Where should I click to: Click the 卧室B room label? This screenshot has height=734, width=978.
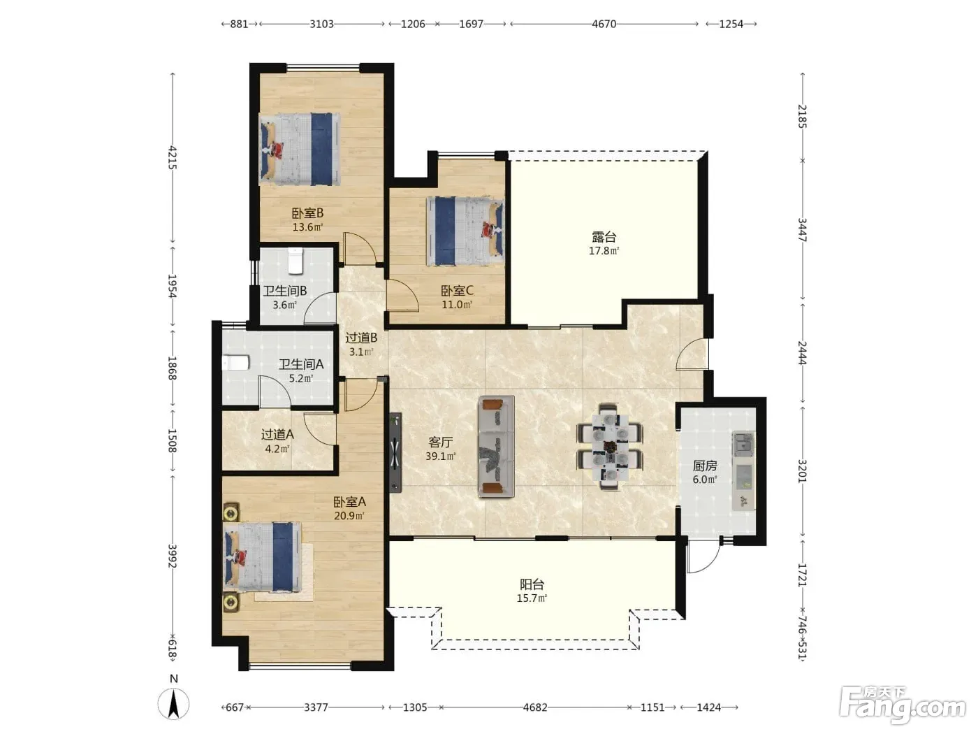coord(307,213)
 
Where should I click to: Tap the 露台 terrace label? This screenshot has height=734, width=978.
coord(604,237)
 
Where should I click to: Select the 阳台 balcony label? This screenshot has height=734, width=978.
coord(532,584)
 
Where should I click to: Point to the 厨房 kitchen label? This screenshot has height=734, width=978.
coord(705,466)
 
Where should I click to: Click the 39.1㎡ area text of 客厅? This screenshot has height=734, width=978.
coord(441,456)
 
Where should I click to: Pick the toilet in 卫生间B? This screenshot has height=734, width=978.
coord(295,261)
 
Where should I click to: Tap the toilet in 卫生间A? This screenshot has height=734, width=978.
coord(235,362)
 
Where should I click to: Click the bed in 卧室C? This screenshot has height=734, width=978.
coord(465,231)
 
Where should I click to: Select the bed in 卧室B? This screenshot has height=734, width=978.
coord(300,149)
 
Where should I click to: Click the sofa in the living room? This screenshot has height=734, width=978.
coord(497,447)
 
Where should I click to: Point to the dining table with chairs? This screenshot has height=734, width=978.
coord(610,447)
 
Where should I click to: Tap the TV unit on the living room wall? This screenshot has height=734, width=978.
coord(395,452)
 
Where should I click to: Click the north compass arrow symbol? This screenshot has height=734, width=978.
coord(173,704)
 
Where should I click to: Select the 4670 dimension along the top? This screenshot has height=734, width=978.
coord(604,24)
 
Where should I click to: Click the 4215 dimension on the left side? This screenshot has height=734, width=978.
coord(173,158)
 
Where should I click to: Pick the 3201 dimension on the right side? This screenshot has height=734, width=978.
coord(802,470)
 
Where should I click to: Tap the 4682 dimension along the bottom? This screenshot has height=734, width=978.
coord(534,707)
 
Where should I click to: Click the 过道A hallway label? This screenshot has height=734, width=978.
coord(277,434)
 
